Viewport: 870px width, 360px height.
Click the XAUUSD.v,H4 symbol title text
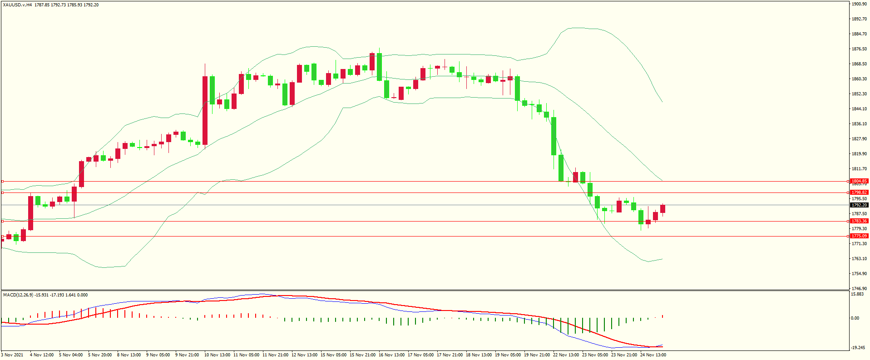(17, 5)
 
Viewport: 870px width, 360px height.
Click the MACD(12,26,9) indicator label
(18, 295)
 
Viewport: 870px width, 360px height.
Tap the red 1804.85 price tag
(859, 181)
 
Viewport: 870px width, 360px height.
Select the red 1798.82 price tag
(859, 192)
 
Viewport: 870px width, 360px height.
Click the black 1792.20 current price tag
(859, 205)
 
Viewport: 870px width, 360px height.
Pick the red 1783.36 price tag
(859, 221)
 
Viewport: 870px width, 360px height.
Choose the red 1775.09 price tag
(859, 236)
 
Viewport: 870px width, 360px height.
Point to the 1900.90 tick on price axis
(859, 4)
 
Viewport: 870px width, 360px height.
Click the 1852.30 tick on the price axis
(859, 94)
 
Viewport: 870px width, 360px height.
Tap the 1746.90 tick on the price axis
(859, 288)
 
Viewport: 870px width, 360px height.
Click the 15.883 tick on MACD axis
(857, 294)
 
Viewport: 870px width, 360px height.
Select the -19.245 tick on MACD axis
(857, 348)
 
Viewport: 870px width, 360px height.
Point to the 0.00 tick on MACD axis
(855, 318)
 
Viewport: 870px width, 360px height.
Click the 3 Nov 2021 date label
(13, 355)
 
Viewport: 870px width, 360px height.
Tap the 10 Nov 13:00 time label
(217, 355)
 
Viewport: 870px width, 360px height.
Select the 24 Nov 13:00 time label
(653, 355)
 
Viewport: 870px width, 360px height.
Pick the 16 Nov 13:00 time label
(391, 355)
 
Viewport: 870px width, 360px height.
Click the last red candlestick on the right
(663, 209)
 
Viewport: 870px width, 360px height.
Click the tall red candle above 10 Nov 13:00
(205, 110)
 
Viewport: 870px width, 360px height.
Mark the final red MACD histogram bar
(663, 316)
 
